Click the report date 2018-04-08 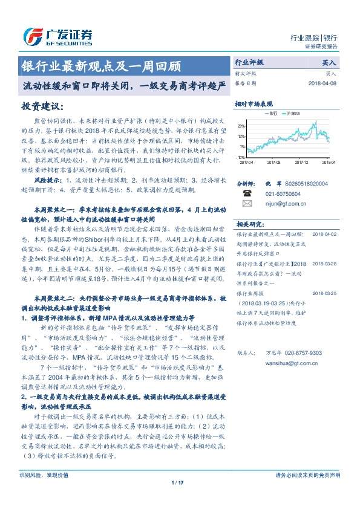[321, 83]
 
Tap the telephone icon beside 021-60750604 [247, 194]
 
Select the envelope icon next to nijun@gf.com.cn [247, 204]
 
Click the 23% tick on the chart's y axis [241, 126]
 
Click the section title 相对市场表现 [254, 104]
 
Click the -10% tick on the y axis [240, 157]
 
